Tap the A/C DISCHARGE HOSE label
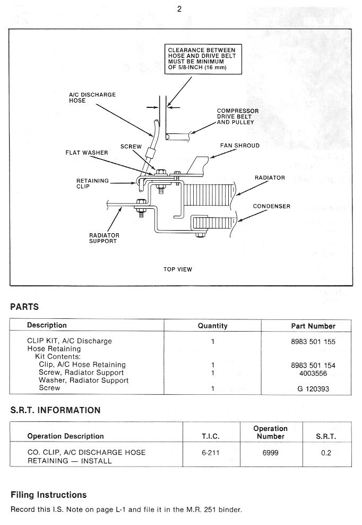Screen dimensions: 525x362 (92, 98)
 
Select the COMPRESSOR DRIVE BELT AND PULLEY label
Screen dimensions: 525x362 (238, 116)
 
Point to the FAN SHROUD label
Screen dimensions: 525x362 (240, 146)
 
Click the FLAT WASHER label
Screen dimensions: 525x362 (87, 153)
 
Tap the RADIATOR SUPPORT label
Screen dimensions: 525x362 (104, 238)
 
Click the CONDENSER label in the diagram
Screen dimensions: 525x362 (271, 206)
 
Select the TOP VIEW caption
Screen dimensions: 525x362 (178, 269)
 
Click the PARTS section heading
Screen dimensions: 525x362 (24, 307)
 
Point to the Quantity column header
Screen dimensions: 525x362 (212, 326)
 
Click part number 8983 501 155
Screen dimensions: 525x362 (313, 342)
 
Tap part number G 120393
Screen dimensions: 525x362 (313, 388)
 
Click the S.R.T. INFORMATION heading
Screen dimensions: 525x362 (55, 410)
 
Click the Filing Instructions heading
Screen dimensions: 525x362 (48, 495)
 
